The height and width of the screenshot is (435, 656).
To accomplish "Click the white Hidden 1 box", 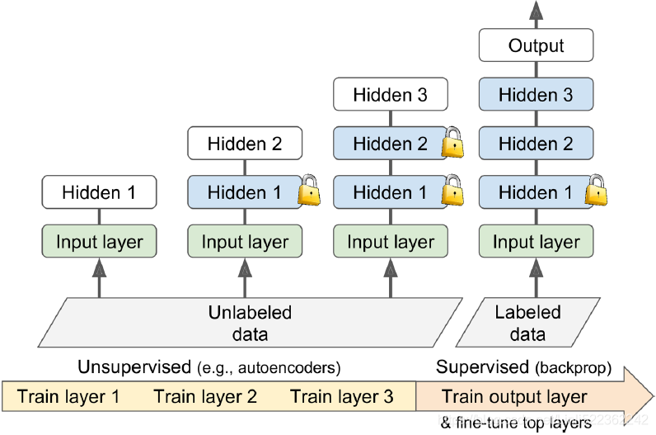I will point(99,193).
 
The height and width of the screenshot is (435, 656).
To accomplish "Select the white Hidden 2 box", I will point(245,144).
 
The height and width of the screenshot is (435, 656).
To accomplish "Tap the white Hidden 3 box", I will point(391,95).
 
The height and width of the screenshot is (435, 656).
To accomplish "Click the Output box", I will point(537,45).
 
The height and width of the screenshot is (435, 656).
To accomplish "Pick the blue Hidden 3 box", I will point(537,95).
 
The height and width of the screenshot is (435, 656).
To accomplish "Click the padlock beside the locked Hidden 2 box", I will point(454,143).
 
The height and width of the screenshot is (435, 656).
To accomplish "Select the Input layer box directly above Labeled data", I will point(537,242).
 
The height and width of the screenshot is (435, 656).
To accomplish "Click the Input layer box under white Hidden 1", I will point(99,242).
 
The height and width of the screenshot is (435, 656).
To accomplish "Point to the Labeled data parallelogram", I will point(528,323).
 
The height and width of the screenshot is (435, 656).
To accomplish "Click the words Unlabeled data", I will point(249,323).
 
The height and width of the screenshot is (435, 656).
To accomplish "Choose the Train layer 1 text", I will point(68,396).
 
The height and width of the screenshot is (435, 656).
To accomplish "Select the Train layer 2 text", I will point(205,396).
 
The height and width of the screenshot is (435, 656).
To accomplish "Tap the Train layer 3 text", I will point(342,396).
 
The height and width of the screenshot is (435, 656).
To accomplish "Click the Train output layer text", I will point(514,396).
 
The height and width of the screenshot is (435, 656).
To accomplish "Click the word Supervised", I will point(482,366).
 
